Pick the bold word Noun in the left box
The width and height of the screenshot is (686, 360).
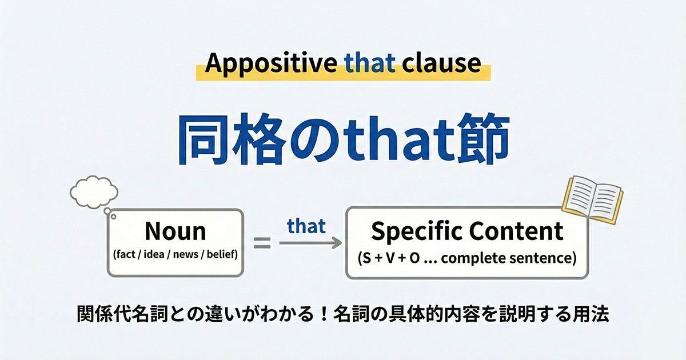click(175, 231)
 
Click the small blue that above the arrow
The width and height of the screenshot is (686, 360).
click(306, 226)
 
